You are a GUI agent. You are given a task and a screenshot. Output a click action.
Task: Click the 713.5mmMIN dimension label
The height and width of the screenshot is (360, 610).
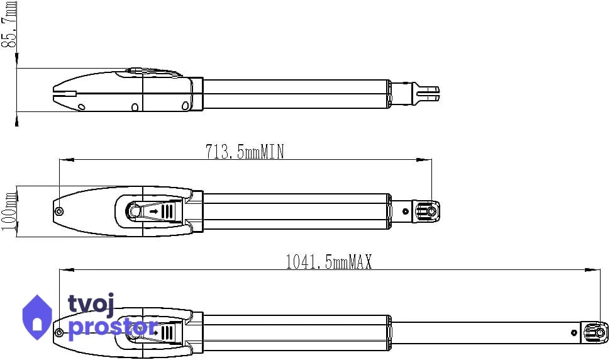point(245,152)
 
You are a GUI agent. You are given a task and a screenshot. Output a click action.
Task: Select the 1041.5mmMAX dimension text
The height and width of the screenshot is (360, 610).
point(329,262)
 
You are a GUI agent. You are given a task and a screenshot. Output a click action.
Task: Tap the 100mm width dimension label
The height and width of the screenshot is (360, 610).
point(9,211)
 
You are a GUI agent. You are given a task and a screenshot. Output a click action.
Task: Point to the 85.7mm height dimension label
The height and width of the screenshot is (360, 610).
point(9,24)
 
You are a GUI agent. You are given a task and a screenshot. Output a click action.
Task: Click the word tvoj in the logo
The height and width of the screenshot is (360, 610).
point(91,305)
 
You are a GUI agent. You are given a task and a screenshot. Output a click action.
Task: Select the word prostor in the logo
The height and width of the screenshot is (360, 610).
point(113,328)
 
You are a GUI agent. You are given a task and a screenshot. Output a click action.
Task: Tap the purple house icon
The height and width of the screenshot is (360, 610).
point(37,317)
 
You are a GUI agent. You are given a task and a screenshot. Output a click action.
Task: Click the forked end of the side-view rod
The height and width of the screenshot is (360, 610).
point(427,93)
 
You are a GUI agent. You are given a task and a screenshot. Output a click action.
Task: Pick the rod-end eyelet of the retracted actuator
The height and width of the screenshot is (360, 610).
point(427,211)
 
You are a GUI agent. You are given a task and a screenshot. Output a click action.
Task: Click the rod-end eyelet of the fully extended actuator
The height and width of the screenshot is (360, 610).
point(596,333)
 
